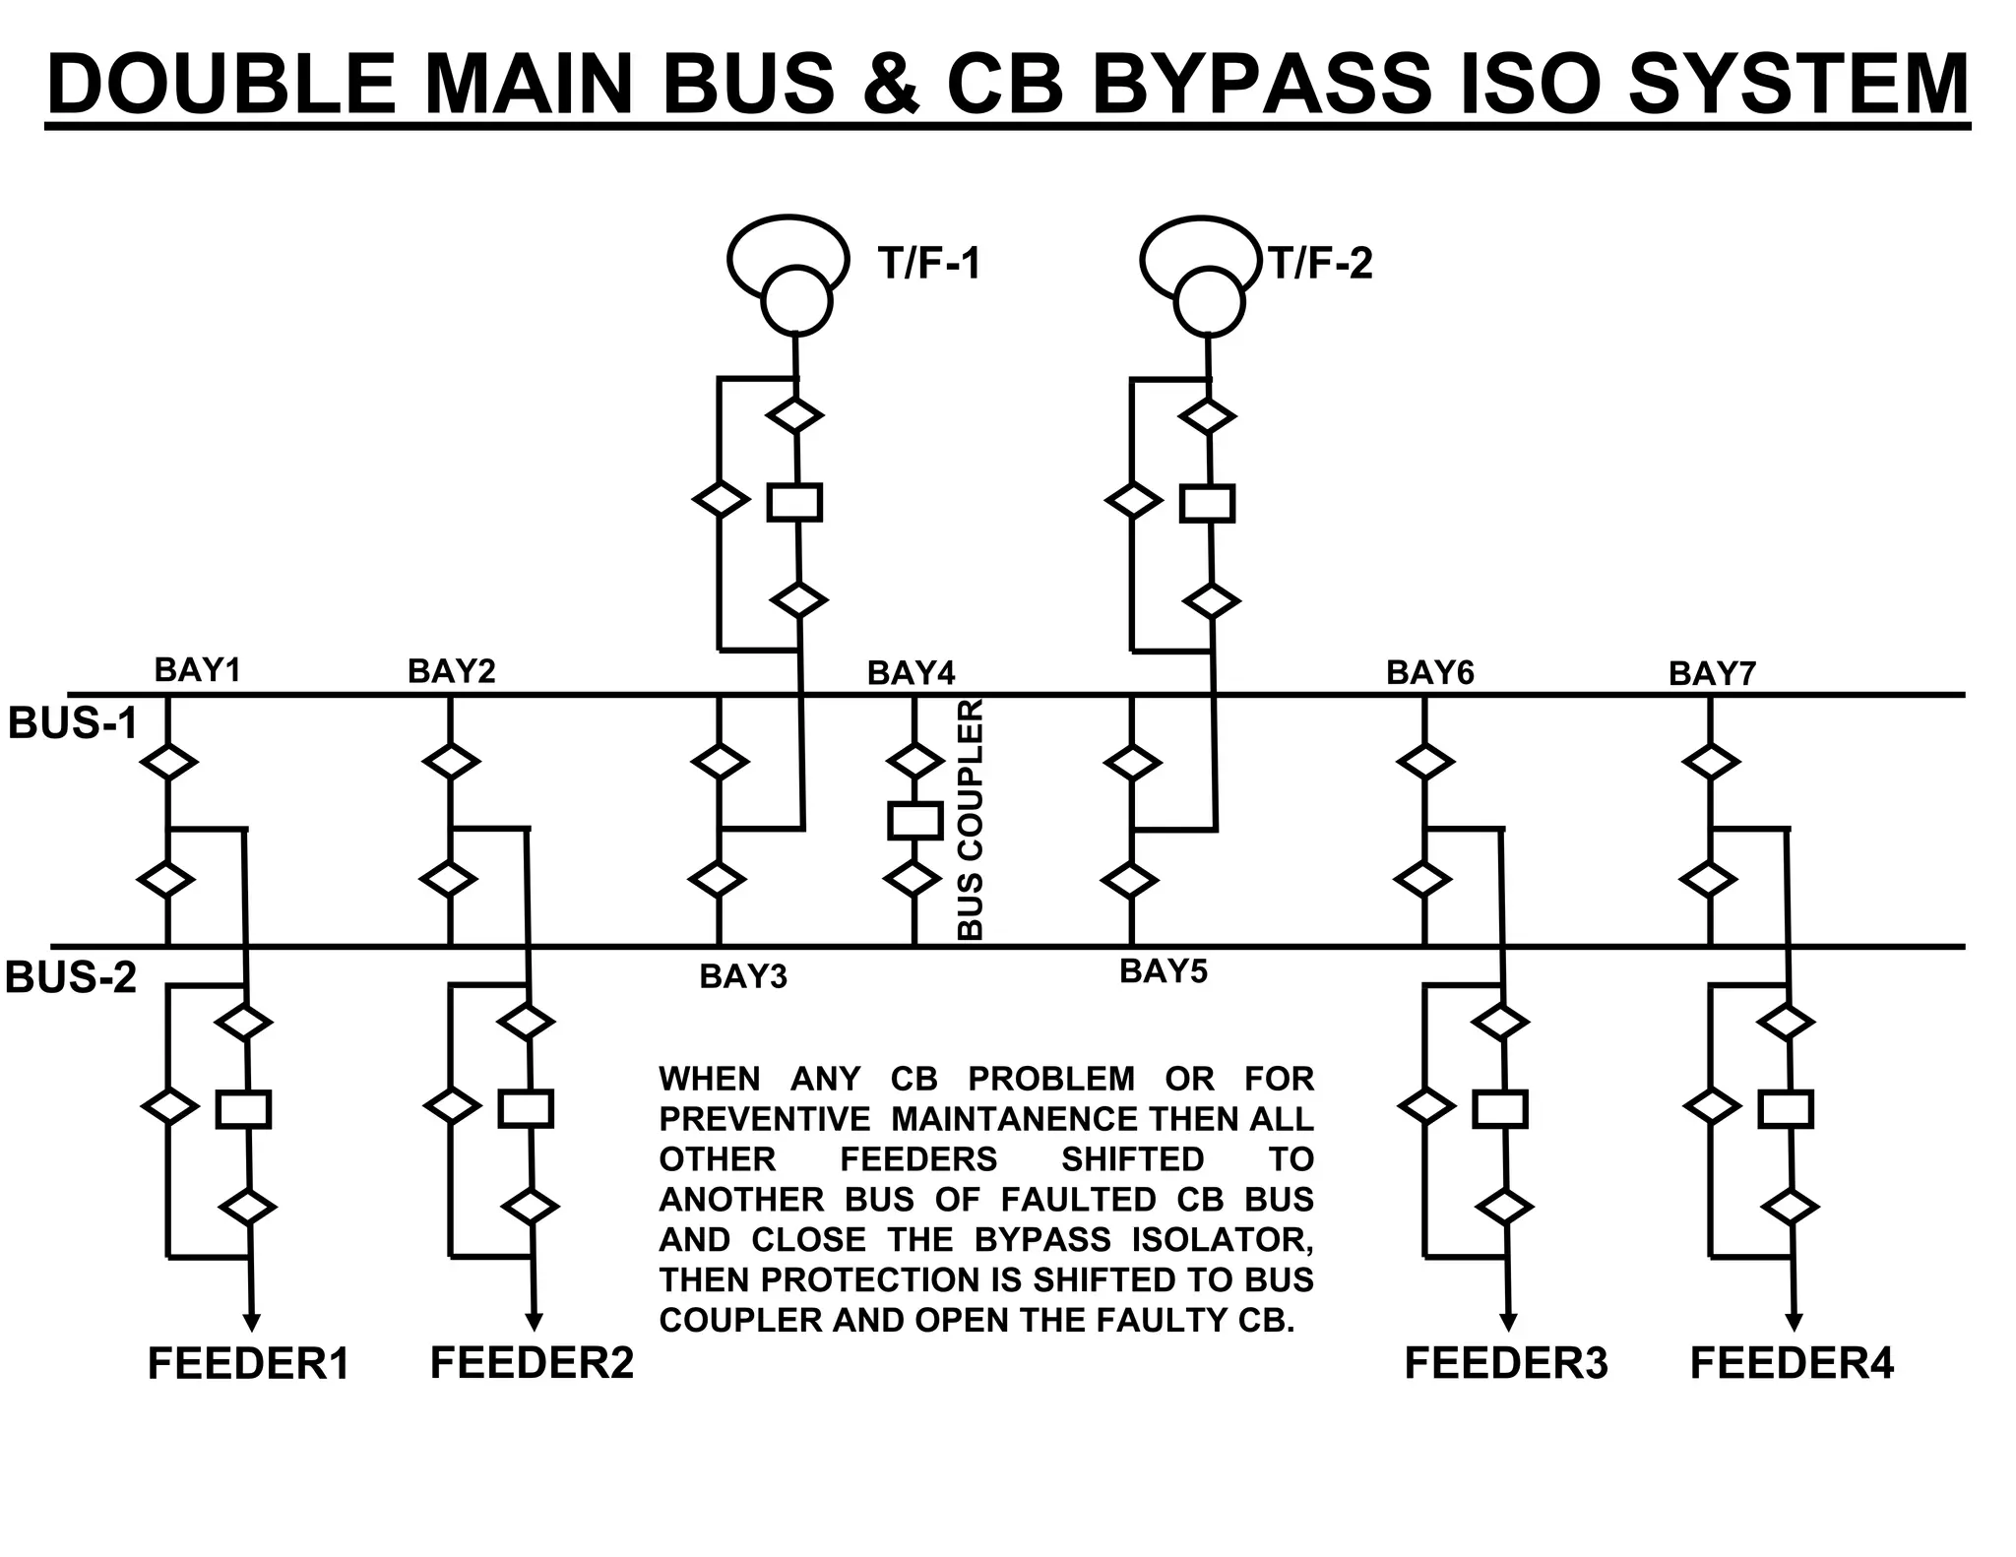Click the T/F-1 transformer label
coord(929,264)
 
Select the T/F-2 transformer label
coord(1320,264)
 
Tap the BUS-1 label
coord(72,723)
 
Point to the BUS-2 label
coord(71,978)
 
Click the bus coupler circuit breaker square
coord(914,820)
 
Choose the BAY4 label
coord(911,673)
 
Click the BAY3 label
coord(743,976)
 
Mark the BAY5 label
coord(1163,971)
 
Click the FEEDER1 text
coord(248,1365)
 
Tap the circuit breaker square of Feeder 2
coord(526,1108)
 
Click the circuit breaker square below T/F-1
coord(794,502)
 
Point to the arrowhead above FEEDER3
coord(1508,1321)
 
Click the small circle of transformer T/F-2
coord(1210,302)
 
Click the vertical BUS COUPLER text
coord(970,819)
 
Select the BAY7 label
coord(1712,674)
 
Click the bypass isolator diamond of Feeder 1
coord(169,1105)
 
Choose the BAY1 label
coord(197,670)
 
